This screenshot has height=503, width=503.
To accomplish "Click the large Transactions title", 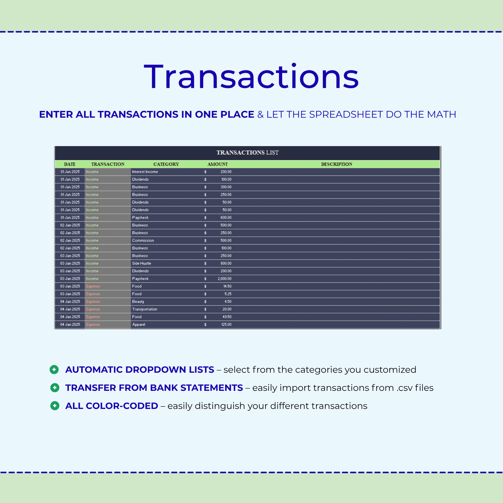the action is (251, 77).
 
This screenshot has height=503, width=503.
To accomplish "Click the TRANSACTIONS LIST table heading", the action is (247, 153).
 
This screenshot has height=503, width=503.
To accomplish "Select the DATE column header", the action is (70, 164).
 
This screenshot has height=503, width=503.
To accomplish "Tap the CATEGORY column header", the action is (166, 164).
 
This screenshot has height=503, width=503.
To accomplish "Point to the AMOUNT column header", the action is (217, 164).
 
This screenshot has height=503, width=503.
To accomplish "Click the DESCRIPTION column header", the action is (336, 164).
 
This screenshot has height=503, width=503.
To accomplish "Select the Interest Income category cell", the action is (145, 172).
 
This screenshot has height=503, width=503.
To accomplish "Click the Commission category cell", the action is (143, 241).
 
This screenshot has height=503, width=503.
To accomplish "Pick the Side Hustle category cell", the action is (141, 263).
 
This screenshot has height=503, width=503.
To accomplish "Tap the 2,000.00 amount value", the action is (224, 279).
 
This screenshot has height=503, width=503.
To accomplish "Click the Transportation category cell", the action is (144, 309).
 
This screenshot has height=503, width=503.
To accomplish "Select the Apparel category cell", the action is (139, 325).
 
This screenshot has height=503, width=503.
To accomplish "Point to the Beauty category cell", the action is (138, 302).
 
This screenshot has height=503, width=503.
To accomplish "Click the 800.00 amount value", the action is (226, 263).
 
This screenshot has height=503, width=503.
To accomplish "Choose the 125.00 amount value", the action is (226, 324).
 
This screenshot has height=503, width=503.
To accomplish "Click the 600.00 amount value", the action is (226, 218).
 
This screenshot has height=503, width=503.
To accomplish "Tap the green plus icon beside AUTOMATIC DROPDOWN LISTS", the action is (54, 369).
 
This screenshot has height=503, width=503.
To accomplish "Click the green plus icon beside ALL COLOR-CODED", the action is (55, 406).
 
